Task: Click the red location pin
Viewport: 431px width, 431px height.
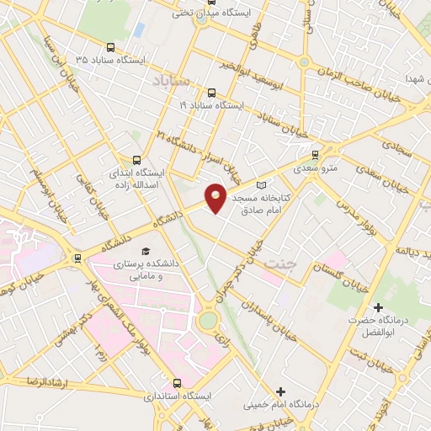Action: [x=216, y=197]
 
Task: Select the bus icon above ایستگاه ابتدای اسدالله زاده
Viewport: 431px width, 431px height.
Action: [x=137, y=159]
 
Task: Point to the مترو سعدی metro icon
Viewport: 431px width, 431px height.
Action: [x=316, y=155]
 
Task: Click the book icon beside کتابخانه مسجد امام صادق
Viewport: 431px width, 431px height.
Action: [x=261, y=184]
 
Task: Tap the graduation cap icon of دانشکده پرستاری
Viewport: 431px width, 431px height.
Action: [x=145, y=252]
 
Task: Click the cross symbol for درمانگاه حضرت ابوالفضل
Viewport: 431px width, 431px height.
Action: [x=379, y=309]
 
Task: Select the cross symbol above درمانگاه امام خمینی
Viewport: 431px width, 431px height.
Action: [x=280, y=391]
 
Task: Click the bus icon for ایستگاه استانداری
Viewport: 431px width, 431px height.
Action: [x=176, y=382]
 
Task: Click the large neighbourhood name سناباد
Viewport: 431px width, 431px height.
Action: [x=174, y=81]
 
